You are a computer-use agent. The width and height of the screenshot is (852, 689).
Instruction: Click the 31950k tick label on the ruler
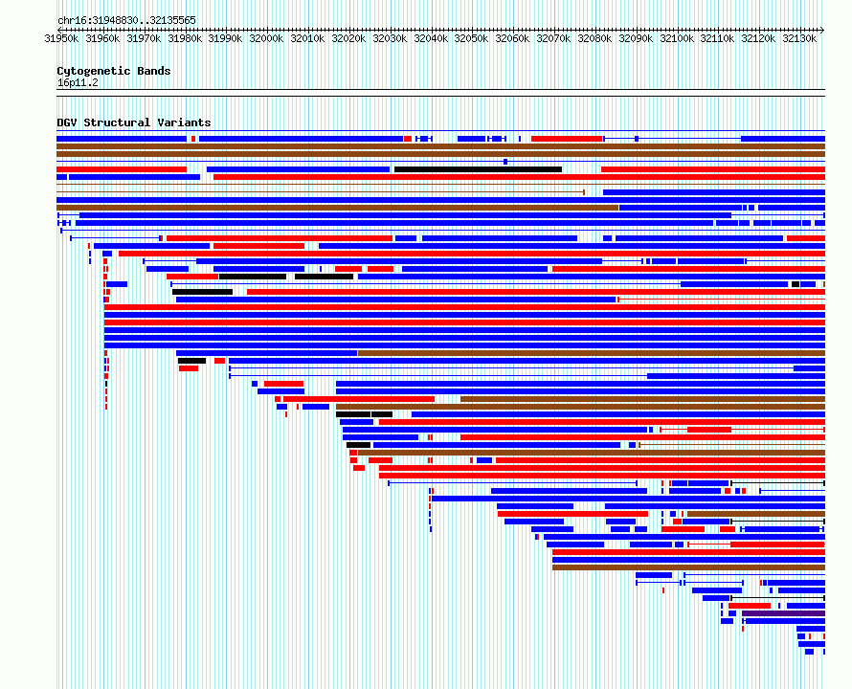[61, 38]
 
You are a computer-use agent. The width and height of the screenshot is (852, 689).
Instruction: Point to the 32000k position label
[266, 38]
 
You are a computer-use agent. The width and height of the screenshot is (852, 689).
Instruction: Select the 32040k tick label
[431, 38]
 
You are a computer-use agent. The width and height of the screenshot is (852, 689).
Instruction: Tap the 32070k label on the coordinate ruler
[553, 38]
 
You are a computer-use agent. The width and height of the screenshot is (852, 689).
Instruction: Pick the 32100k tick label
[677, 38]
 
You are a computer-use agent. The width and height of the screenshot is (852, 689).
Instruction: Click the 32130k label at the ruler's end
[799, 38]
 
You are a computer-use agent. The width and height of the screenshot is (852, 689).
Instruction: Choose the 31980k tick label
[185, 38]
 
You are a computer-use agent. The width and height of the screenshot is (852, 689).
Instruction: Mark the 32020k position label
[348, 38]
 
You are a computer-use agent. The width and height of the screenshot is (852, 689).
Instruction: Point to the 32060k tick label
[512, 38]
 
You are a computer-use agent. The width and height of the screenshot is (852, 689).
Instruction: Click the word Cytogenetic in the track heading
[94, 71]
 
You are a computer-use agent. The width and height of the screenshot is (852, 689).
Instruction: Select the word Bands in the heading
[154, 71]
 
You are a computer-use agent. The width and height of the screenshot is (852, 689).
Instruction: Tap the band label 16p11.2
[78, 83]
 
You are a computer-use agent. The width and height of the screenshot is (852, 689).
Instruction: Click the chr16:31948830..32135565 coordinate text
[126, 21]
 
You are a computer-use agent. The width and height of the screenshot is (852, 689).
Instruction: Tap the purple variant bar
[783, 613]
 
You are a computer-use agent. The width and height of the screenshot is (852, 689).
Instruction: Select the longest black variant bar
[478, 169]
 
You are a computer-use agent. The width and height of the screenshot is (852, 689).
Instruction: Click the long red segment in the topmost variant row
[567, 139]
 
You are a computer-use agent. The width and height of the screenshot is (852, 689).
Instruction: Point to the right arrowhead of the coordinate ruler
[822, 30]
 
